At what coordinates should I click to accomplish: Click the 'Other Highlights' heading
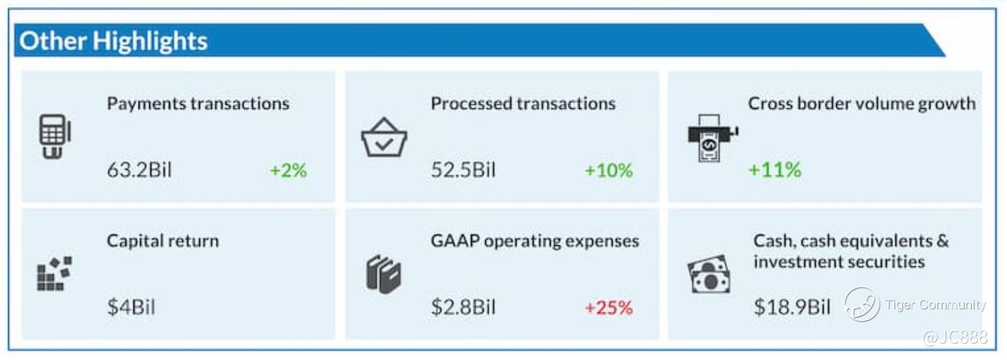click(x=113, y=41)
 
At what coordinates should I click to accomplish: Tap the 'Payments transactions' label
click(x=197, y=103)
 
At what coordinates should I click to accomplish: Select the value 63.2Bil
click(x=139, y=170)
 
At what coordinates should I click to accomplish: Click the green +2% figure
click(x=288, y=170)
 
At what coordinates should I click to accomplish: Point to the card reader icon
click(x=54, y=136)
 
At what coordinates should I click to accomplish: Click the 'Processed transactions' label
click(x=523, y=103)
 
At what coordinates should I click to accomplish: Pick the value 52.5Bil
click(x=463, y=170)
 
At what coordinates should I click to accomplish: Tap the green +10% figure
click(x=608, y=170)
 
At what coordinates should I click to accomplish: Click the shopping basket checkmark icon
click(x=384, y=137)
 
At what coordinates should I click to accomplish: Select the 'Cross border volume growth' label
click(x=861, y=103)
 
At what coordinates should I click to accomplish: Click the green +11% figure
click(x=775, y=170)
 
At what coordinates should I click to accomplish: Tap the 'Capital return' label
click(x=163, y=240)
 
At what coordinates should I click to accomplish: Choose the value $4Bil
click(x=131, y=307)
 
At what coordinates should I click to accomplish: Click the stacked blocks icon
click(x=54, y=274)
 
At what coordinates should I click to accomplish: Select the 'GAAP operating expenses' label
click(x=535, y=240)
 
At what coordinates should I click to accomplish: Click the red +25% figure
click(x=608, y=308)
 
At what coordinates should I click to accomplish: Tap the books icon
click(x=384, y=275)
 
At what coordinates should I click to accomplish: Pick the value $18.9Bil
click(x=792, y=307)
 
